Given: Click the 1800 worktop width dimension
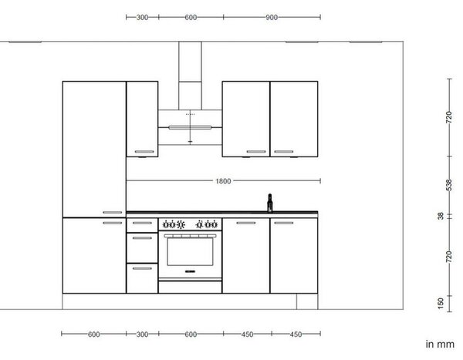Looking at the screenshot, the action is pyautogui.click(x=223, y=181).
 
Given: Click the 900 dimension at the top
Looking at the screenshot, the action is pyautogui.click(x=272, y=18).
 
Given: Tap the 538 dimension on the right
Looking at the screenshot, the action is pyautogui.click(x=448, y=185).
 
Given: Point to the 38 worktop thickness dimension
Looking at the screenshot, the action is pyautogui.click(x=441, y=216).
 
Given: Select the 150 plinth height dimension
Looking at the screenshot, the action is pyautogui.click(x=441, y=304).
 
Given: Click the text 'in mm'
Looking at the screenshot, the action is pyautogui.click(x=440, y=344).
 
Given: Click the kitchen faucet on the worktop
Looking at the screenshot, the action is pyautogui.click(x=269, y=203).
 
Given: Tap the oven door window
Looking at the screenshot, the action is pyautogui.click(x=190, y=252).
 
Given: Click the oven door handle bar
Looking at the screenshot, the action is pyautogui.click(x=190, y=236).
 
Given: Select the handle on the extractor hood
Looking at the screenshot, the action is pyautogui.click(x=190, y=127).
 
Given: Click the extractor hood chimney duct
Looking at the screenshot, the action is pyautogui.click(x=190, y=76).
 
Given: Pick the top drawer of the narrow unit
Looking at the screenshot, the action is pyautogui.click(x=142, y=225).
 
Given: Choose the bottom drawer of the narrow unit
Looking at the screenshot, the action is pyautogui.click(x=142, y=278).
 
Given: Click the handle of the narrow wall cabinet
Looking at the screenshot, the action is pyautogui.click(x=144, y=152).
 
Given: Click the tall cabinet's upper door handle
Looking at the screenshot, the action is pyautogui.click(x=112, y=213).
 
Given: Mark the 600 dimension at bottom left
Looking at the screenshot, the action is pyautogui.click(x=93, y=335).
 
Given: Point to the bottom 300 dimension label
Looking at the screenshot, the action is pyautogui.click(x=142, y=335).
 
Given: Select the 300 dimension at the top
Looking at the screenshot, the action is pyautogui.click(x=142, y=18).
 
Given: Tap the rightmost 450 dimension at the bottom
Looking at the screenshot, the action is pyautogui.click(x=296, y=335).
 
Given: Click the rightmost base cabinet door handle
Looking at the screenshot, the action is pyautogui.click(x=284, y=223).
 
